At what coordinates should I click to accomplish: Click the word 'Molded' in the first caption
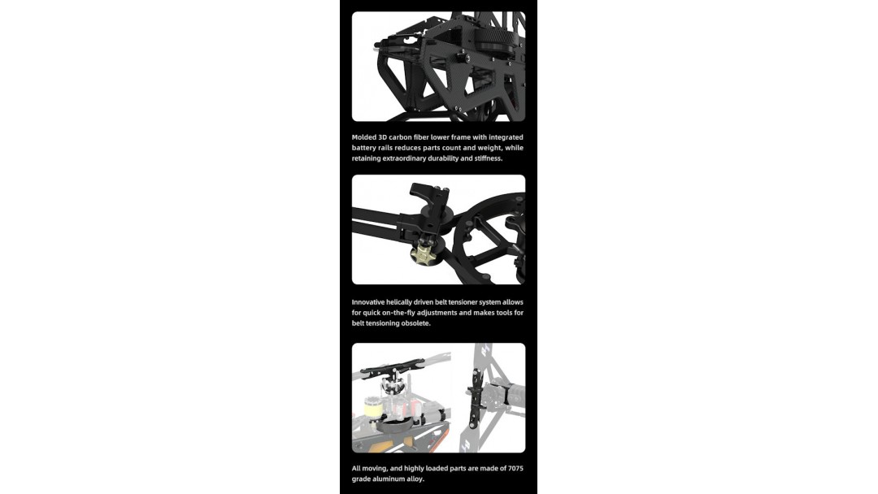(364, 137)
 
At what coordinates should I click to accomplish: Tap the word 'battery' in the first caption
(364, 148)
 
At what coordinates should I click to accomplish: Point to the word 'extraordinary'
(404, 158)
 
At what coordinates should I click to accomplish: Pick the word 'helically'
(398, 302)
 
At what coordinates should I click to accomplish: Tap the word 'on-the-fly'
(399, 313)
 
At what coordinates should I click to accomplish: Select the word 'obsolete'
(415, 323)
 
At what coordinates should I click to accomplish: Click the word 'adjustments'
(437, 313)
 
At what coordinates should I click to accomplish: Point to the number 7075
(515, 468)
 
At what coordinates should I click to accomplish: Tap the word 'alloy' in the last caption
(417, 479)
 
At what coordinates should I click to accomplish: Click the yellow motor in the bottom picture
(372, 408)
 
